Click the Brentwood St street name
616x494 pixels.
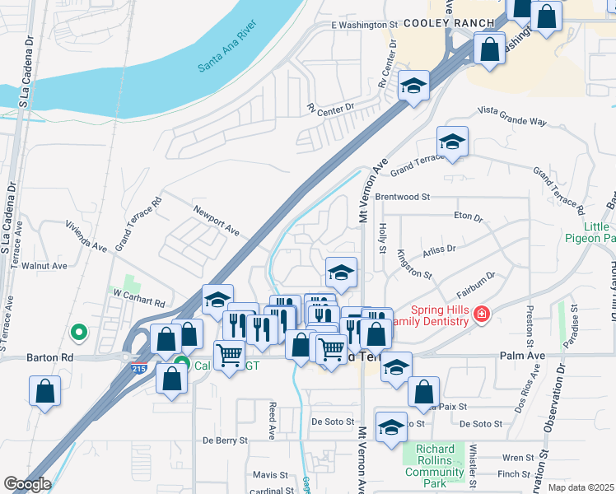pyautogui.click(x=403, y=198)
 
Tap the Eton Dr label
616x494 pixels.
pyautogui.click(x=468, y=217)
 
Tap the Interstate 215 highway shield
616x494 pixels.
pyautogui.click(x=139, y=370)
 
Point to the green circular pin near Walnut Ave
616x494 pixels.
pyautogui.click(x=79, y=333)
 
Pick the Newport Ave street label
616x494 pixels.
pyautogui.click(x=216, y=220)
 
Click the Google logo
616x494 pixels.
pyautogui.click(x=27, y=484)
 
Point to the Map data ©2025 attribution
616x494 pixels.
pyautogui.click(x=581, y=487)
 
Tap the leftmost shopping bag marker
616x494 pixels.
pyautogui.click(x=44, y=393)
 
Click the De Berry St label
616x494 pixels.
pyautogui.click(x=225, y=440)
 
